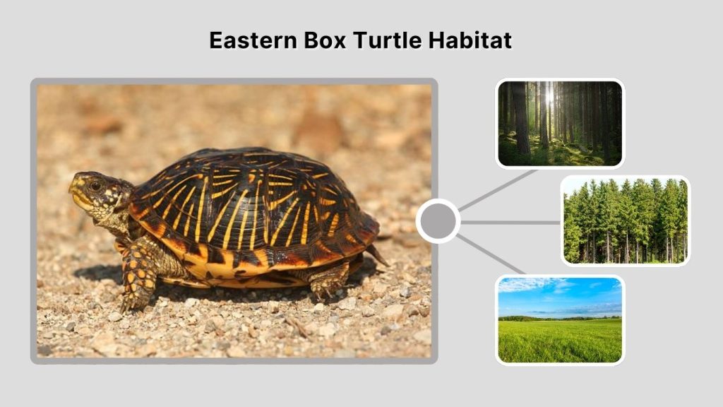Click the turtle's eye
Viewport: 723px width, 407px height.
[94, 185]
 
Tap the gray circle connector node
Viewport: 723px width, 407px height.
[438, 221]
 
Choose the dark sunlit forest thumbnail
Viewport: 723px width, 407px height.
[560, 123]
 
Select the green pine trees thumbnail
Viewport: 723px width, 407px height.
[625, 220]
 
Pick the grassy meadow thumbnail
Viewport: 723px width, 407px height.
[560, 319]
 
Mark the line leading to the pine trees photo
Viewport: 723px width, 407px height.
[510, 222]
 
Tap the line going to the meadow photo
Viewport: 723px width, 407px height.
[493, 255]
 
